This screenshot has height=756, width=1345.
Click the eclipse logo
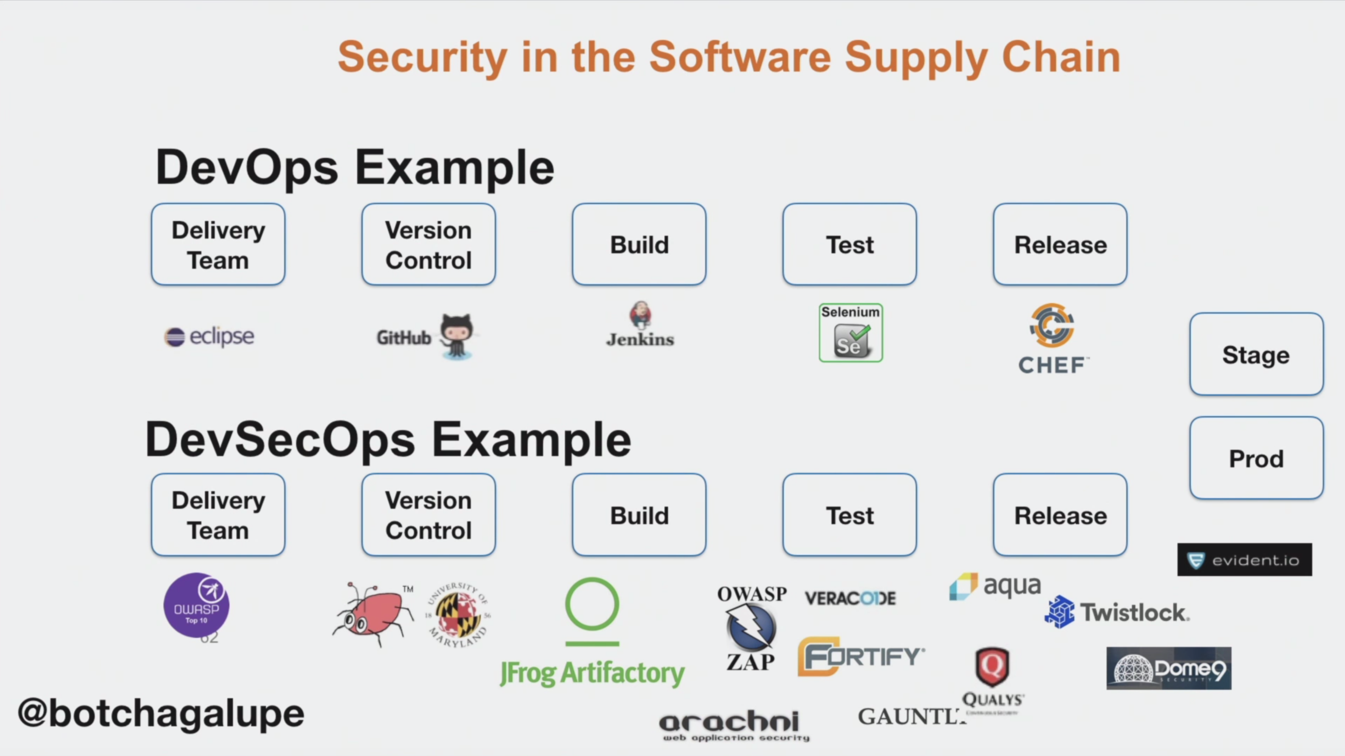point(210,337)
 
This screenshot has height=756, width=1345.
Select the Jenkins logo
point(640,325)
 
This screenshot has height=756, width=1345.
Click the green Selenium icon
point(851,333)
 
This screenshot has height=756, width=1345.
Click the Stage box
point(1256,355)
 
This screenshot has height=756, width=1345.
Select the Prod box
point(1256,458)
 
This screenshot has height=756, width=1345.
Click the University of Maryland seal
point(458,615)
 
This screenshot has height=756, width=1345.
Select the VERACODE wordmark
point(850,598)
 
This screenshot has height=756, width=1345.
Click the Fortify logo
point(860,656)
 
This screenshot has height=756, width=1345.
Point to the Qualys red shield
point(992,666)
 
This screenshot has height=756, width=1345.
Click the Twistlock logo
point(1117,612)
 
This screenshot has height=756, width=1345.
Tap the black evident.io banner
point(1244,560)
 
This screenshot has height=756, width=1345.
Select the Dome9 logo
point(1169,669)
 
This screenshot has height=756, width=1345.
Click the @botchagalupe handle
point(161,713)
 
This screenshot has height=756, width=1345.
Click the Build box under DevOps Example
point(639,244)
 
